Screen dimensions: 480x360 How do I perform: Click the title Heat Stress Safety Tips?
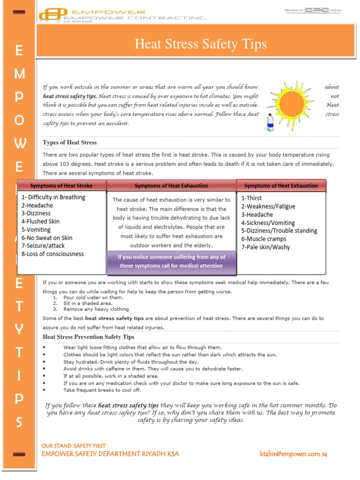[200, 44]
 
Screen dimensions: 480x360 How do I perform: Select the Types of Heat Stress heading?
[70, 142]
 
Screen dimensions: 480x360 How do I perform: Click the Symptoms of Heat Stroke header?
[61, 186]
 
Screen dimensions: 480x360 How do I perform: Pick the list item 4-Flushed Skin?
[41, 222]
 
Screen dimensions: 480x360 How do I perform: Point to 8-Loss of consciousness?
[52, 254]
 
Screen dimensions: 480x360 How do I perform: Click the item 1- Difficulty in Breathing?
[53, 197]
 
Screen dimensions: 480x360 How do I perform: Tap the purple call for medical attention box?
[172, 262]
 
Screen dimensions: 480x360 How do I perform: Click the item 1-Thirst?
[252, 198]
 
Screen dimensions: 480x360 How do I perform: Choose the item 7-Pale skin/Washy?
[266, 247]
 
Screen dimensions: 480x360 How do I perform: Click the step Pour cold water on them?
[93, 298]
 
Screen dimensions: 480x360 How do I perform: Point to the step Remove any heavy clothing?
[96, 309]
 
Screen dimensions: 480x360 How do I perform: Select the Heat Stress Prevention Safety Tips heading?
[89, 337]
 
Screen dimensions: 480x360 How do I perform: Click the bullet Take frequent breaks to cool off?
[102, 390]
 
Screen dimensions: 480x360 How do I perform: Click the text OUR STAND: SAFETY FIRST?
[74, 446]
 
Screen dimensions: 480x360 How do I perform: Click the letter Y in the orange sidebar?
[19, 330]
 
